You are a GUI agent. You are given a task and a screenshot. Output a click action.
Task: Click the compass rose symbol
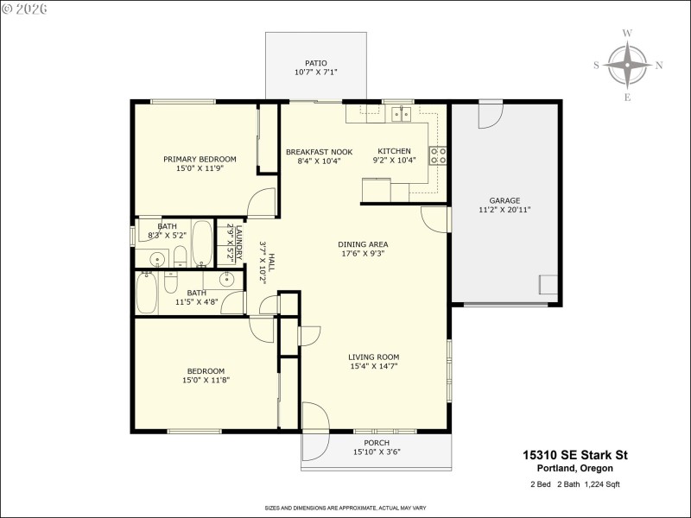point(627,65)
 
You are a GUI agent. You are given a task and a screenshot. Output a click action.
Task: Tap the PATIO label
point(315,63)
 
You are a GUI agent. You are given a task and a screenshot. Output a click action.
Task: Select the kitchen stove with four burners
point(438,155)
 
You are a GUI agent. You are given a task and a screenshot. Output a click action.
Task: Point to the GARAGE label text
point(504,200)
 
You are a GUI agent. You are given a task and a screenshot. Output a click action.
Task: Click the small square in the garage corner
point(548,285)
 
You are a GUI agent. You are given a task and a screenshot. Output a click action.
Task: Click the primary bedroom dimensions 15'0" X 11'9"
point(200,168)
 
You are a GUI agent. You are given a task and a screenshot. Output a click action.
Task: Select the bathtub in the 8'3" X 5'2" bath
point(202,243)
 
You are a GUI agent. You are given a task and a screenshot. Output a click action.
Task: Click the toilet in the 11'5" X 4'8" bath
point(170,284)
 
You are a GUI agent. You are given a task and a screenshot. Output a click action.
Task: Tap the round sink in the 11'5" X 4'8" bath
point(227,278)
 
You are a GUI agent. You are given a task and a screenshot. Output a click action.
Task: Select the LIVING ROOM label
point(373,357)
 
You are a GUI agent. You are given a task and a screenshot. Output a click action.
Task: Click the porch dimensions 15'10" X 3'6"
point(377,452)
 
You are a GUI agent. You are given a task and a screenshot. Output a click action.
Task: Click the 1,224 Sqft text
point(599,484)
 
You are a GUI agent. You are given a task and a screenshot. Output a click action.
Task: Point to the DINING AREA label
point(362,244)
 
